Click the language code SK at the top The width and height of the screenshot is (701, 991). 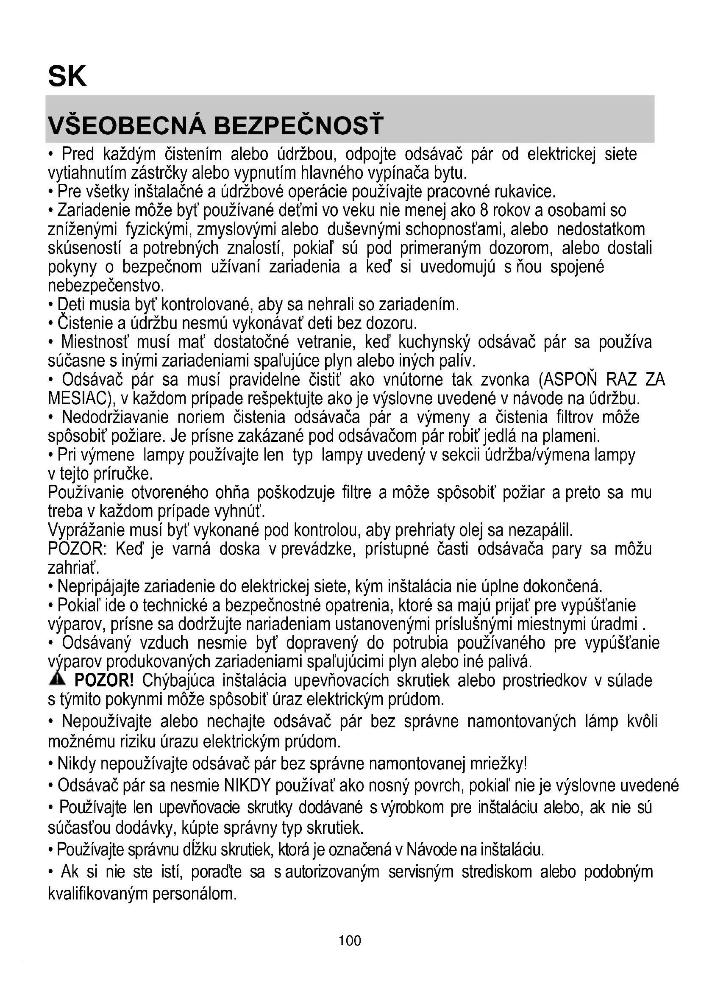[67, 76]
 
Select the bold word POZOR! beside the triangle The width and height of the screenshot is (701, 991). [104, 681]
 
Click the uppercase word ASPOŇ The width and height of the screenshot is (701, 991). [570, 380]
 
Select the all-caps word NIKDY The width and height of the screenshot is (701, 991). [248, 786]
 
